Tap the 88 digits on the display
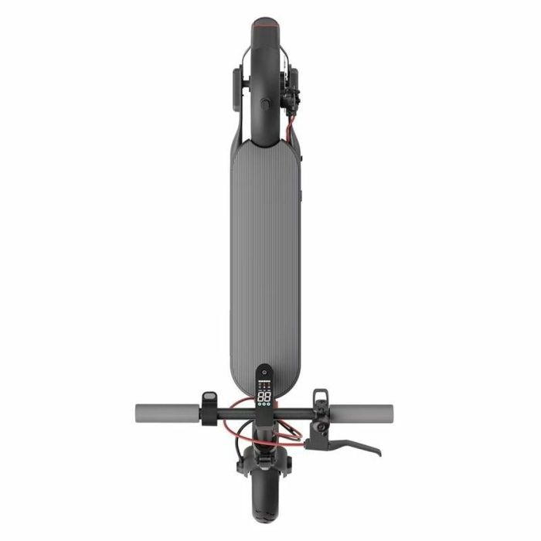tap(264, 396)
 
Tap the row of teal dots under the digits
tap(264, 407)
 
